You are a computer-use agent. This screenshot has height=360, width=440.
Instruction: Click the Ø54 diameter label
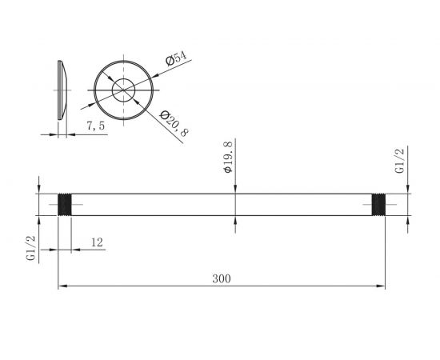176,58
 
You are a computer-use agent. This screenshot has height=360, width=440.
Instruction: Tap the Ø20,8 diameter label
174,123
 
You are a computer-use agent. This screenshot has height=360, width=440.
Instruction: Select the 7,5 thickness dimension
96,126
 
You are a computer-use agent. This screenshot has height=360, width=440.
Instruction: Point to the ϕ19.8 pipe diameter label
229,157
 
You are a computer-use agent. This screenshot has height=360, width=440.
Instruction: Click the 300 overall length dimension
222,279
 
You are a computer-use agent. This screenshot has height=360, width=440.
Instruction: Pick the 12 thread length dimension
97,242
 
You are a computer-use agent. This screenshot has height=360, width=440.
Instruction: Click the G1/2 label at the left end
31,248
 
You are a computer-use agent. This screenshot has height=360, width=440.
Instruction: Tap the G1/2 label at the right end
399,161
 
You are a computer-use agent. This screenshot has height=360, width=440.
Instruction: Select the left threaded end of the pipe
65,205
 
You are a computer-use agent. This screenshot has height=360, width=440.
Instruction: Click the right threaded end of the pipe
378,205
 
